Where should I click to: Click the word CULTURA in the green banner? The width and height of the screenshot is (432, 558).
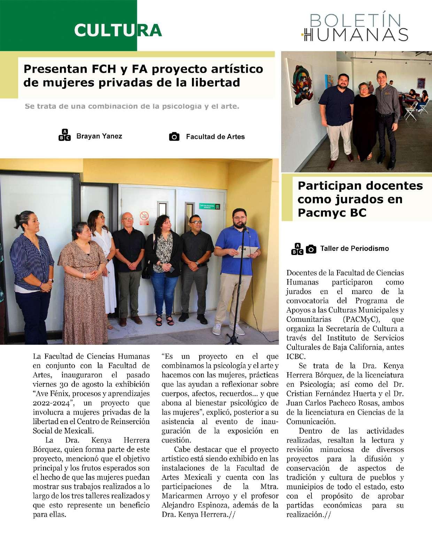[x=118, y=30]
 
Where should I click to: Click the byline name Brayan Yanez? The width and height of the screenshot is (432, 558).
[x=99, y=136]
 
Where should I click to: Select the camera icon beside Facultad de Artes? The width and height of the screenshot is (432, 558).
[x=174, y=137]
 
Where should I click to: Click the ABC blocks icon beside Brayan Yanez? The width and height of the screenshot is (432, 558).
[x=64, y=135]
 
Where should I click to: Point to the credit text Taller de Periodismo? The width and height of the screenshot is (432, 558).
[x=354, y=248]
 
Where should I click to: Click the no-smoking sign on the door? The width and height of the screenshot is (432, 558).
[x=144, y=216]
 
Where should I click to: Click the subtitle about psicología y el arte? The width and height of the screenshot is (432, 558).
[x=132, y=106]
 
